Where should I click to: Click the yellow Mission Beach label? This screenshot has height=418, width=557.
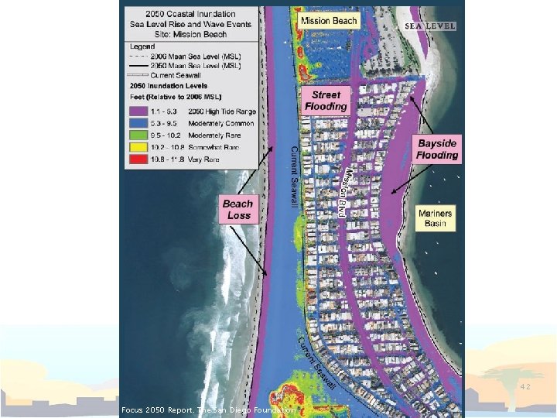pyautogui.click(x=330, y=21)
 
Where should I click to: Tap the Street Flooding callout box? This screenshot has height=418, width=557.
pyautogui.click(x=326, y=101)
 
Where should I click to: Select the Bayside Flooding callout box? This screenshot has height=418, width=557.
pyautogui.click(x=437, y=149)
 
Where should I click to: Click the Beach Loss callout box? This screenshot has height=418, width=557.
pyautogui.click(x=237, y=209)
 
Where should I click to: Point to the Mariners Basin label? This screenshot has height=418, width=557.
pyautogui.click(x=436, y=218)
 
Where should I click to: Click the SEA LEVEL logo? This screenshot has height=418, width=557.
pyautogui.click(x=431, y=26)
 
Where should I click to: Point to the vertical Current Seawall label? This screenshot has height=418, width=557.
pyautogui.click(x=294, y=176)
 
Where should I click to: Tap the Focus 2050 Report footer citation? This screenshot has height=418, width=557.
pyautogui.click(x=208, y=409)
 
